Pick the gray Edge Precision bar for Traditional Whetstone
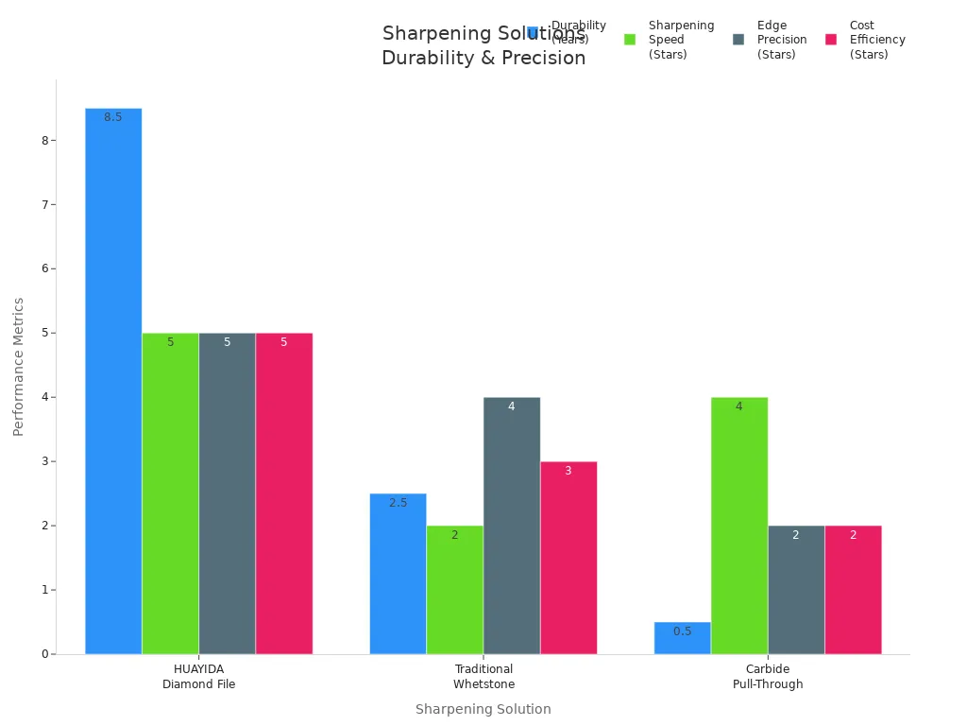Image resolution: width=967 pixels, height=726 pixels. tap(511, 525)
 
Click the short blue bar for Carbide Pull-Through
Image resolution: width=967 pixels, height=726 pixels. tap(682, 638)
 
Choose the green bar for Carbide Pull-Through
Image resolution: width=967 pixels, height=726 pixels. tap(738, 525)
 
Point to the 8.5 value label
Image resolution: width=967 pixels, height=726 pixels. tap(113, 117)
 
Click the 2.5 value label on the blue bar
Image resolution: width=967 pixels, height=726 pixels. tap(398, 503)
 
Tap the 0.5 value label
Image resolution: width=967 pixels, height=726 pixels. tap(682, 631)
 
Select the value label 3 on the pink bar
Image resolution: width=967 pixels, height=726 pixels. tap(568, 471)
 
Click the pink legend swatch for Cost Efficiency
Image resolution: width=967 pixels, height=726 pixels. tap(831, 40)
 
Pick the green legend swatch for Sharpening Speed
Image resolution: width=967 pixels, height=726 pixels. tap(630, 40)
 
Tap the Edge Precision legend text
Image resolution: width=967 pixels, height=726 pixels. tap(781, 40)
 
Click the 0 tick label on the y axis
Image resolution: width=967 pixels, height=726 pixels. tap(44, 654)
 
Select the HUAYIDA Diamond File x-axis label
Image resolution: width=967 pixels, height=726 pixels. tap(198, 677)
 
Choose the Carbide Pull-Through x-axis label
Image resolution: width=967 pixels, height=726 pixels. tap(768, 677)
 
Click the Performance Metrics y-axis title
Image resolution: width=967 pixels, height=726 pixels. tap(19, 367)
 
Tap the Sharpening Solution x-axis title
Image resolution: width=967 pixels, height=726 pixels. tap(483, 709)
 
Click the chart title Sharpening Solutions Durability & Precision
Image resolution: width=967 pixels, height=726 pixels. tap(483, 45)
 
